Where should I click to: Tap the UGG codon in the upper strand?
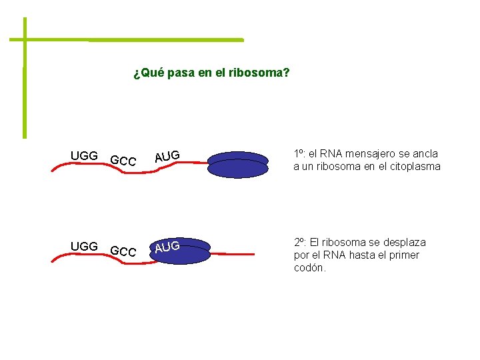[x=84, y=156]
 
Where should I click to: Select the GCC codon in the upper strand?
[x=123, y=161]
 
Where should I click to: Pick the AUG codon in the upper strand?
[x=167, y=157]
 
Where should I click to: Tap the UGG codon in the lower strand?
[x=84, y=247]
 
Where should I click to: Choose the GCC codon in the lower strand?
[x=123, y=252]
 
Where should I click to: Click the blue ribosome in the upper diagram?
[x=237, y=165]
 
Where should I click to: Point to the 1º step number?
[x=300, y=154]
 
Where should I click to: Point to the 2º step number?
[x=300, y=243]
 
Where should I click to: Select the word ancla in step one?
[x=425, y=154]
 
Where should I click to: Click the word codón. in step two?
[x=310, y=267]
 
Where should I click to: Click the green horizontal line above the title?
[x=133, y=40]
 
